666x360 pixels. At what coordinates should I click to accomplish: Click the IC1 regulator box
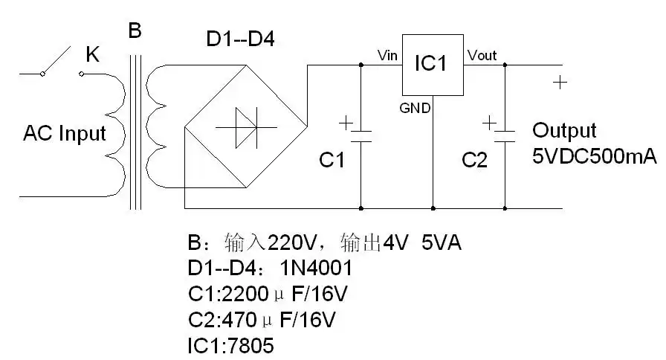[x=432, y=65]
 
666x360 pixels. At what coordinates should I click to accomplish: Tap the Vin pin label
[x=388, y=56]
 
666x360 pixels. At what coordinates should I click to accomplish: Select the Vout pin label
[x=482, y=56]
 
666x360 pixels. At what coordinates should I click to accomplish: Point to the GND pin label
[x=415, y=108]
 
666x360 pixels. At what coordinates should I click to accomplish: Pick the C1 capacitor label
[x=332, y=160]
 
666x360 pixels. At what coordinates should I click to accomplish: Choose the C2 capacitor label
[x=474, y=160]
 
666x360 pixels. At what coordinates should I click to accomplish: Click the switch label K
[x=93, y=55]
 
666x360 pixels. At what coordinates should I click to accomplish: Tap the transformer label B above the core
[x=135, y=31]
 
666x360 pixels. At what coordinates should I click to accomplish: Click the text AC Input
[x=65, y=134]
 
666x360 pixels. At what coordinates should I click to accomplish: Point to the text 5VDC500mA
[x=594, y=157]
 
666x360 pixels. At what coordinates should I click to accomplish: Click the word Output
[x=564, y=131]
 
